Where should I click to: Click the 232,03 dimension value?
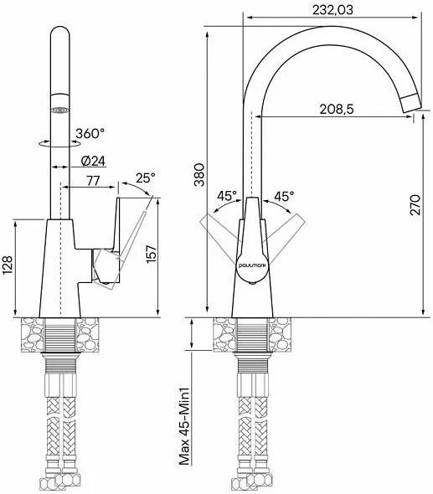tap(332, 10)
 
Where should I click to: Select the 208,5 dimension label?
tap(337, 110)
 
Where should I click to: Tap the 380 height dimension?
tap(199, 174)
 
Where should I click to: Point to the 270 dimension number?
tap(415, 205)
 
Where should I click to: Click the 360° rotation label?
tap(90, 134)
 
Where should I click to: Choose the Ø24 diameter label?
tap(93, 161)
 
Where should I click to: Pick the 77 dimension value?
tap(93, 181)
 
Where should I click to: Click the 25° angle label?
tap(146, 178)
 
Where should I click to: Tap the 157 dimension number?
tap(152, 254)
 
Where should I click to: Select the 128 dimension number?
tap(7, 265)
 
